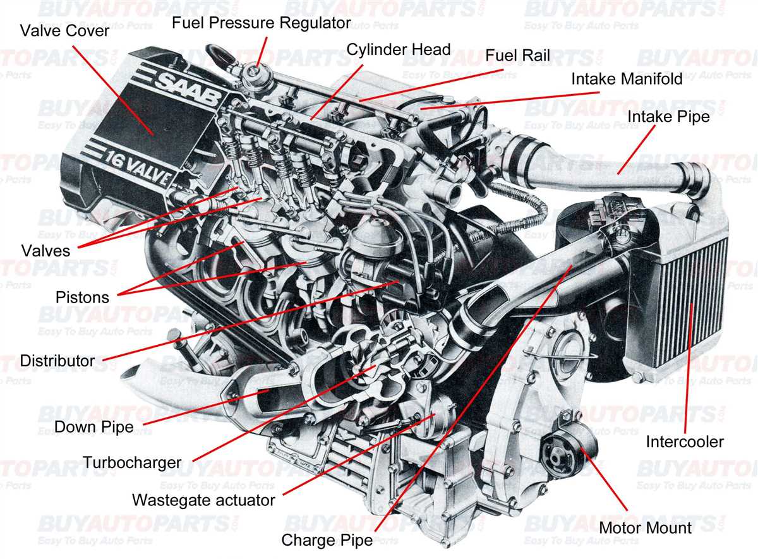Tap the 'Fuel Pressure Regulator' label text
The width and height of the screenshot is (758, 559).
(x=261, y=23)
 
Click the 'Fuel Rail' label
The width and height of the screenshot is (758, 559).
(x=517, y=56)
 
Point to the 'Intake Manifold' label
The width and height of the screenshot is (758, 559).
(x=627, y=79)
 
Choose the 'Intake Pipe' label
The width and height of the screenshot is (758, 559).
(x=668, y=117)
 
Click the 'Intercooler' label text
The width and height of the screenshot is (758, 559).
(x=684, y=442)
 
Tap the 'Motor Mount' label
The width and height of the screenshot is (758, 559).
(x=645, y=527)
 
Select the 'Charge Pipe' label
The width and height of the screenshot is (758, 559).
(x=327, y=540)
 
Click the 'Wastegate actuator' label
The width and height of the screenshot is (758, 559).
(x=203, y=500)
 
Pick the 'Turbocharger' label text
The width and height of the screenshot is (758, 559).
(x=131, y=463)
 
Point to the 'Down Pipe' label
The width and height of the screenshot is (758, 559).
(x=93, y=426)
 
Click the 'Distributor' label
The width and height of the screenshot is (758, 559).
(x=57, y=361)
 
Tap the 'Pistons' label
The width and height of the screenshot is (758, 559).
(x=82, y=297)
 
